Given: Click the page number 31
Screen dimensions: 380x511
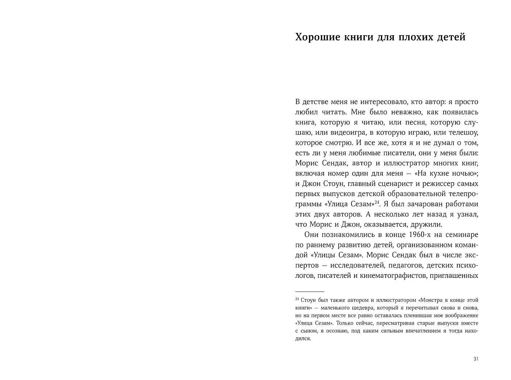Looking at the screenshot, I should click(x=476, y=359).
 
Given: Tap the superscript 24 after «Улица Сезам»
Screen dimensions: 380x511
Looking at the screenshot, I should click(x=377, y=202).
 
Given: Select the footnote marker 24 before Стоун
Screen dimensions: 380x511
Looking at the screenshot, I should click(x=297, y=299).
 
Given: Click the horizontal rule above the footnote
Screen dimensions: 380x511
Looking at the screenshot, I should click(x=309, y=291).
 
